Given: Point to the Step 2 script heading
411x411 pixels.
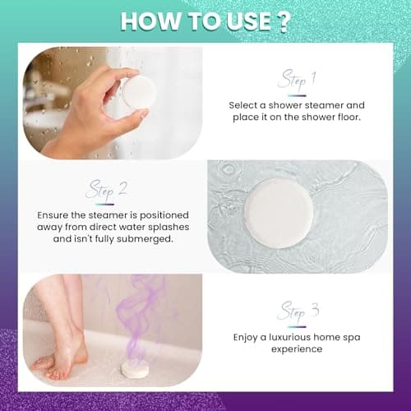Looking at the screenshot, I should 106,190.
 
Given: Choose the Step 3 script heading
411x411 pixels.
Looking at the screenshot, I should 297,312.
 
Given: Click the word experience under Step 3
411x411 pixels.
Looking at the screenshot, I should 297,349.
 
